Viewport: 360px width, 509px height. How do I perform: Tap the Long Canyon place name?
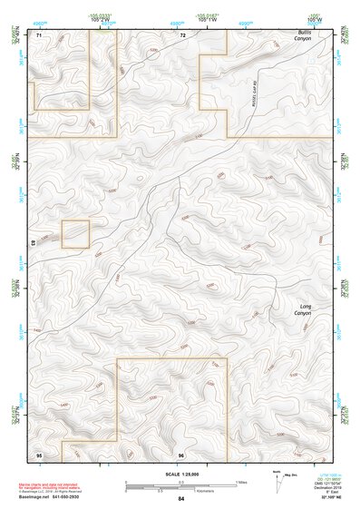click(x=306, y=310)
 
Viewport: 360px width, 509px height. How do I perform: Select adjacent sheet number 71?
click(x=39, y=35)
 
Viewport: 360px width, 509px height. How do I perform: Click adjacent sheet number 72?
click(x=182, y=35)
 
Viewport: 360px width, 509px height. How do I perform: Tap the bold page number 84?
click(x=181, y=499)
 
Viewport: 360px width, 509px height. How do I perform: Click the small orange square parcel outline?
click(x=75, y=234)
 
